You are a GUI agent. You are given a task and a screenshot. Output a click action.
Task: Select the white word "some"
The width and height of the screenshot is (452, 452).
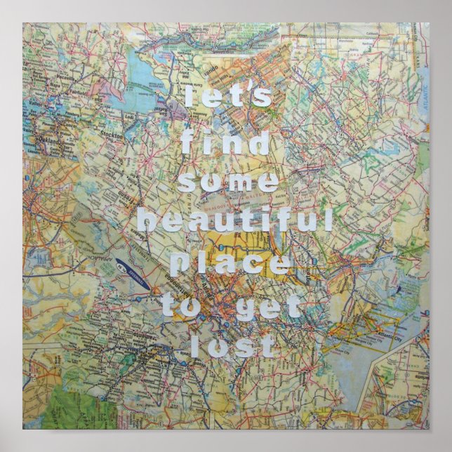(x=227, y=182)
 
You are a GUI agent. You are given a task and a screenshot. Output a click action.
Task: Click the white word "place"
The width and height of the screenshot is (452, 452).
(x=231, y=265)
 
